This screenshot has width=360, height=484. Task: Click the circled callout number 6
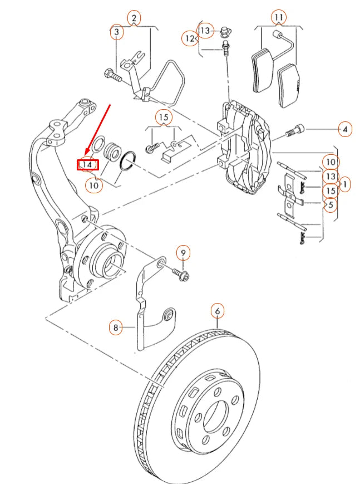[217, 311]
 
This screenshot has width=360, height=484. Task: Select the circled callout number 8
[116, 327]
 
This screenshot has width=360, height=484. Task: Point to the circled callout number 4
[345, 130]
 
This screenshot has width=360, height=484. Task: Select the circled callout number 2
[134, 18]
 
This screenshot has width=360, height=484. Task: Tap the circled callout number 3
[116, 33]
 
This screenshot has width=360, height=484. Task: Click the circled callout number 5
[330, 205]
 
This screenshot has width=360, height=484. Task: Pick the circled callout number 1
[345, 183]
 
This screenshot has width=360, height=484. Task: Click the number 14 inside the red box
[87, 165]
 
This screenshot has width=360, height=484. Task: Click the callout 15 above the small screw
[163, 118]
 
